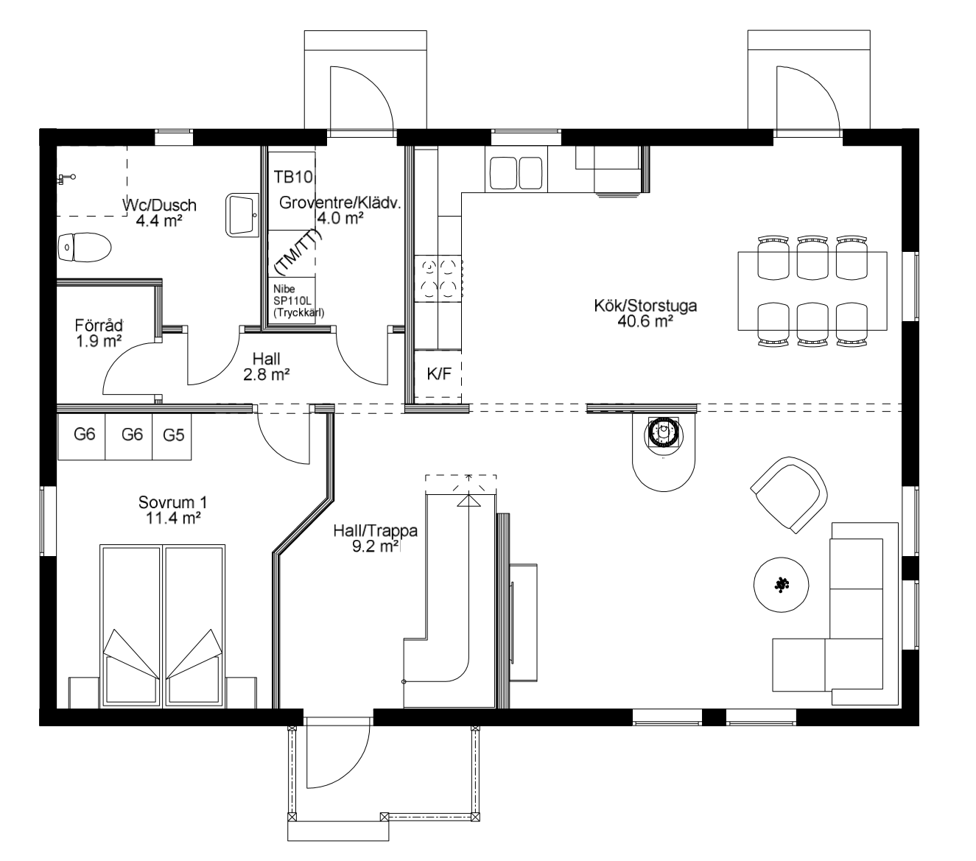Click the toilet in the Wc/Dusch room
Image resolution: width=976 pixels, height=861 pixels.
point(84,247)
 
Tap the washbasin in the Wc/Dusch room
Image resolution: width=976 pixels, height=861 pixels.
point(242,215)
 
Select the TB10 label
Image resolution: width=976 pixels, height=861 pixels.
point(293,177)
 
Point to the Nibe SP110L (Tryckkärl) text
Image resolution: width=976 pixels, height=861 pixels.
point(298,301)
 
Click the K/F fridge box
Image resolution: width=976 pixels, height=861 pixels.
point(439,373)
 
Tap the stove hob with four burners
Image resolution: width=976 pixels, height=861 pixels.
point(439,278)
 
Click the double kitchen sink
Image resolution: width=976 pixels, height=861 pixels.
point(516,174)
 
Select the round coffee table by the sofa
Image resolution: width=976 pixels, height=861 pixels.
point(781,585)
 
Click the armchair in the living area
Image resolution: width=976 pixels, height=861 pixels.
point(789,495)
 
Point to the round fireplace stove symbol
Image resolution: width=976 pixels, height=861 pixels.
point(664,433)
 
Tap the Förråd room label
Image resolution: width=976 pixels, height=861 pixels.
point(99,326)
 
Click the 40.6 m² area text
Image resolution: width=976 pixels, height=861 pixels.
point(645,321)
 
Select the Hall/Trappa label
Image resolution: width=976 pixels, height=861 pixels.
point(375,531)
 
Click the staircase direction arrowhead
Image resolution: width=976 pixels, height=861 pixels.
point(469,501)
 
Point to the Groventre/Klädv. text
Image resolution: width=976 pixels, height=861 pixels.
point(340,203)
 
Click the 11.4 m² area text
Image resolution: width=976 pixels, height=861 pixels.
point(173,518)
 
